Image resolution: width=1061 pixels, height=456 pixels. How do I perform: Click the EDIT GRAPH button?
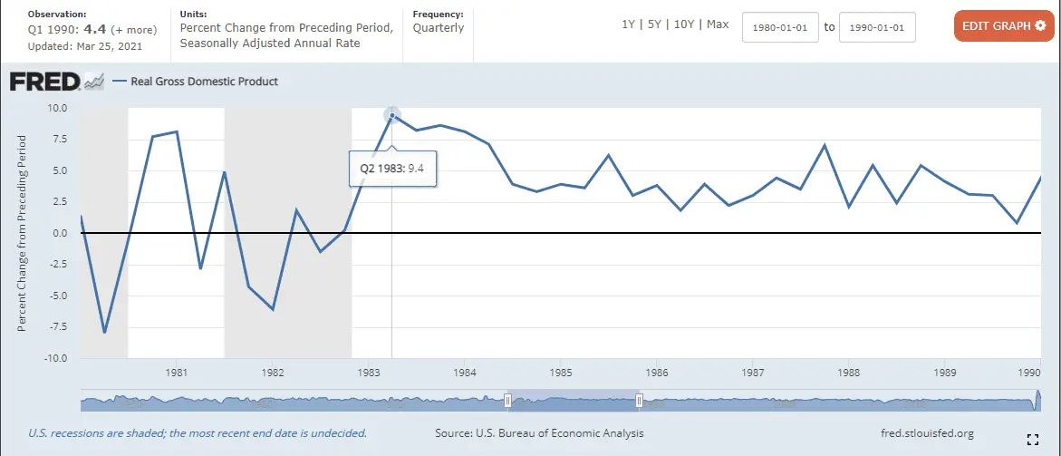pyautogui.click(x=1004, y=26)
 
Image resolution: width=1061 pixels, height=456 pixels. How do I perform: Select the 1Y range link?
pyautogui.click(x=628, y=24)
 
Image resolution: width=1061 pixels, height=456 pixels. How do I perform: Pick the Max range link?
pyautogui.click(x=717, y=24)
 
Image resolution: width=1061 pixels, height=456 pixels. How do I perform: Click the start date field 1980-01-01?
pyautogui.click(x=780, y=27)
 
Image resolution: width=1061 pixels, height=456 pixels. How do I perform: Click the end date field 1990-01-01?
pyautogui.click(x=877, y=27)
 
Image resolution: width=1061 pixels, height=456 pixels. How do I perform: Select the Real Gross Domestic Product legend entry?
pyautogui.click(x=204, y=82)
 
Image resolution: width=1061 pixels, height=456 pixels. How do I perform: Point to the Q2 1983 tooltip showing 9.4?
pyautogui.click(x=392, y=169)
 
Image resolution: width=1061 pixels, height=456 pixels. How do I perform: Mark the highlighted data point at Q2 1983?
pyautogui.click(x=392, y=115)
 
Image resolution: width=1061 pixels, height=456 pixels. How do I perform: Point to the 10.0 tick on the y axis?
pyautogui.click(x=57, y=108)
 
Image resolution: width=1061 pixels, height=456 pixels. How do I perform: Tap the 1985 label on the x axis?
pyautogui.click(x=560, y=373)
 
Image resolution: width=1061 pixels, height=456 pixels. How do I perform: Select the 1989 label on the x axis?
pyautogui.click(x=945, y=373)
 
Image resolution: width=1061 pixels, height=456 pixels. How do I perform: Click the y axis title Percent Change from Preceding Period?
pyautogui.click(x=22, y=233)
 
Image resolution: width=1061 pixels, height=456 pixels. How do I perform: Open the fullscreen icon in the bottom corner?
pyautogui.click(x=1032, y=440)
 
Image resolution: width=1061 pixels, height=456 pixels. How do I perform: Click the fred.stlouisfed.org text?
pyautogui.click(x=927, y=433)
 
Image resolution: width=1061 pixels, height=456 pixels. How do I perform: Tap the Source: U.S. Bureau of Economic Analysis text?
pyautogui.click(x=539, y=433)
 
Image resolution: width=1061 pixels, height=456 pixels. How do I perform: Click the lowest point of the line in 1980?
pyautogui.click(x=105, y=332)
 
